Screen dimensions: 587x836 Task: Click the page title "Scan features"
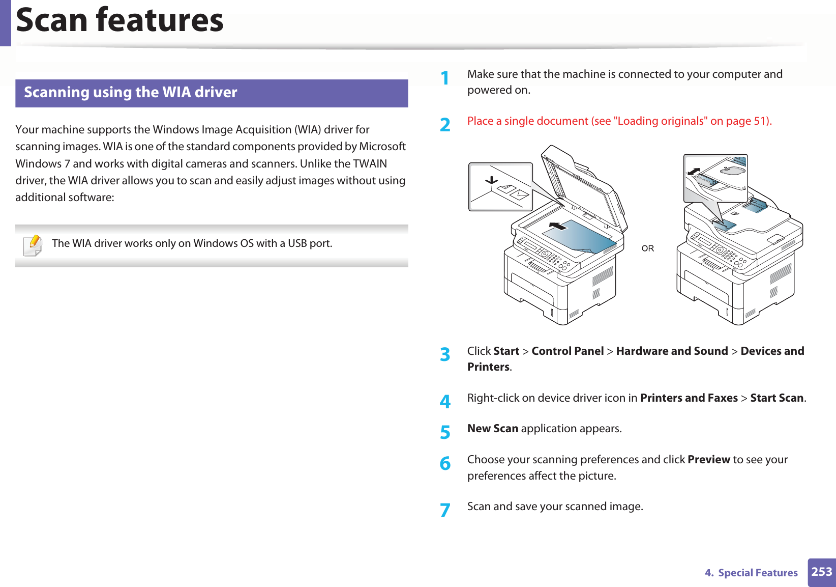tap(120, 20)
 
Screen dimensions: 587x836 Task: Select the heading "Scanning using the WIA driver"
tap(131, 92)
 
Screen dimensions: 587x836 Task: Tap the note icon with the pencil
tap(33, 245)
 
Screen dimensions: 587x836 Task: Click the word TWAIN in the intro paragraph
tap(370, 163)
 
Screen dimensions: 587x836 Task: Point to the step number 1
tap(445, 78)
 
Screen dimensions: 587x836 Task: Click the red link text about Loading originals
tap(619, 121)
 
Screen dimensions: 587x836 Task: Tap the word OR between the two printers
tap(647, 248)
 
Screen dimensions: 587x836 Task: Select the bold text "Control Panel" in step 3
tap(568, 351)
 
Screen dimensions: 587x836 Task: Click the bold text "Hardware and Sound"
tap(672, 351)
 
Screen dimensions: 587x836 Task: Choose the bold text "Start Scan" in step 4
tap(777, 398)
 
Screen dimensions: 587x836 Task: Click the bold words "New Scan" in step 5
tap(493, 429)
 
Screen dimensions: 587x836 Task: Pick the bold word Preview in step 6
tap(708, 460)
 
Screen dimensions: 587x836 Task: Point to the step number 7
tap(445, 510)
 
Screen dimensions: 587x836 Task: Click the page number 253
tap(821, 572)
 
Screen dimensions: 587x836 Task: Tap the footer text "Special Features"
tap(758, 573)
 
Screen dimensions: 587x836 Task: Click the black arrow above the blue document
tap(558, 226)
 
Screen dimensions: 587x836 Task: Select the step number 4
tap(445, 402)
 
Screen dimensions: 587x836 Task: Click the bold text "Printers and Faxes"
tap(689, 398)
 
